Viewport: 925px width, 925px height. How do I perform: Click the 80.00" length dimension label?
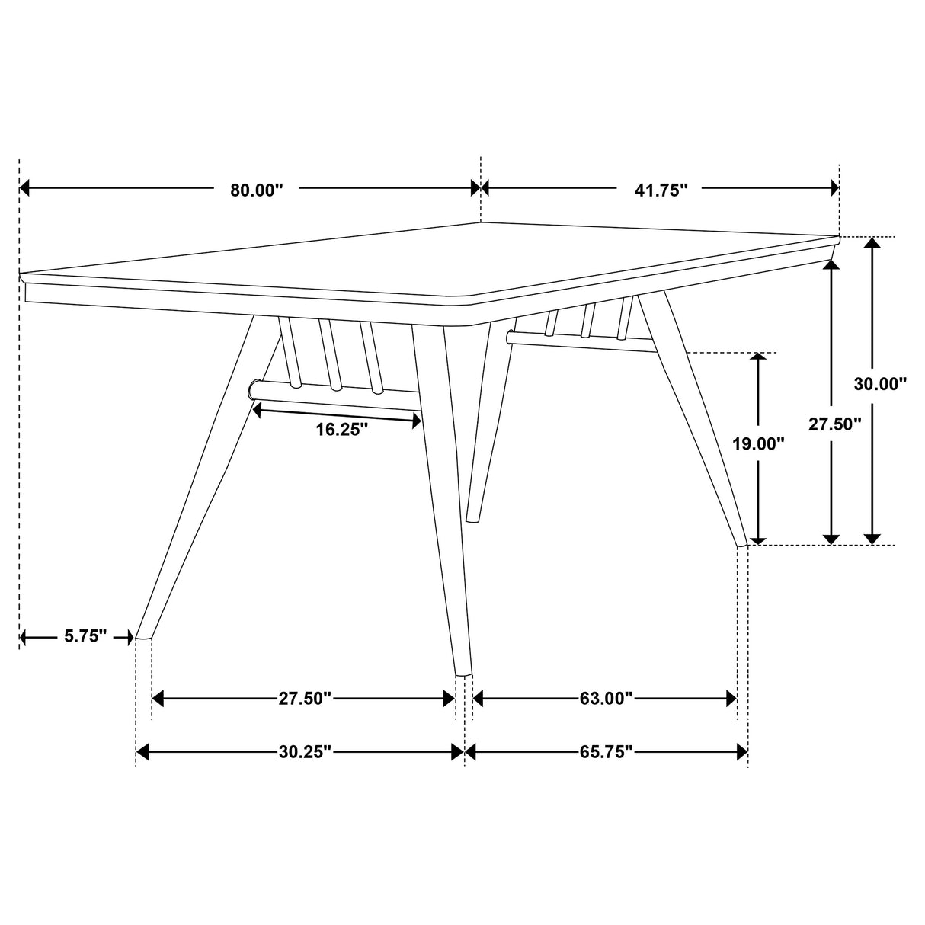pyautogui.click(x=257, y=190)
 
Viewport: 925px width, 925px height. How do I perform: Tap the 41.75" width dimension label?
pyautogui.click(x=661, y=190)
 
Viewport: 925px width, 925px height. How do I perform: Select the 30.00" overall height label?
pyautogui.click(x=880, y=385)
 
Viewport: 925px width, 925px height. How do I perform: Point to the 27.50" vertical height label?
pyautogui.click(x=835, y=424)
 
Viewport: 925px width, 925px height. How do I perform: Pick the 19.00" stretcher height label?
pyautogui.click(x=758, y=444)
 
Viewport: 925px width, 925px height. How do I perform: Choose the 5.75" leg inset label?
pyautogui.click(x=86, y=637)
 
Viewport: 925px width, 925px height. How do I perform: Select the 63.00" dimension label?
pyautogui.click(x=607, y=699)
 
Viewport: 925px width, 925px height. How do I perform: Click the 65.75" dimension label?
pyautogui.click(x=607, y=753)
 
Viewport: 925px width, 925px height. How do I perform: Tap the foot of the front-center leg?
pyautogui.click(x=463, y=673)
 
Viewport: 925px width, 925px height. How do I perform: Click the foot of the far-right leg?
pyautogui.click(x=741, y=543)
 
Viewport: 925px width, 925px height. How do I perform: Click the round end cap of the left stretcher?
pyautogui.click(x=254, y=390)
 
